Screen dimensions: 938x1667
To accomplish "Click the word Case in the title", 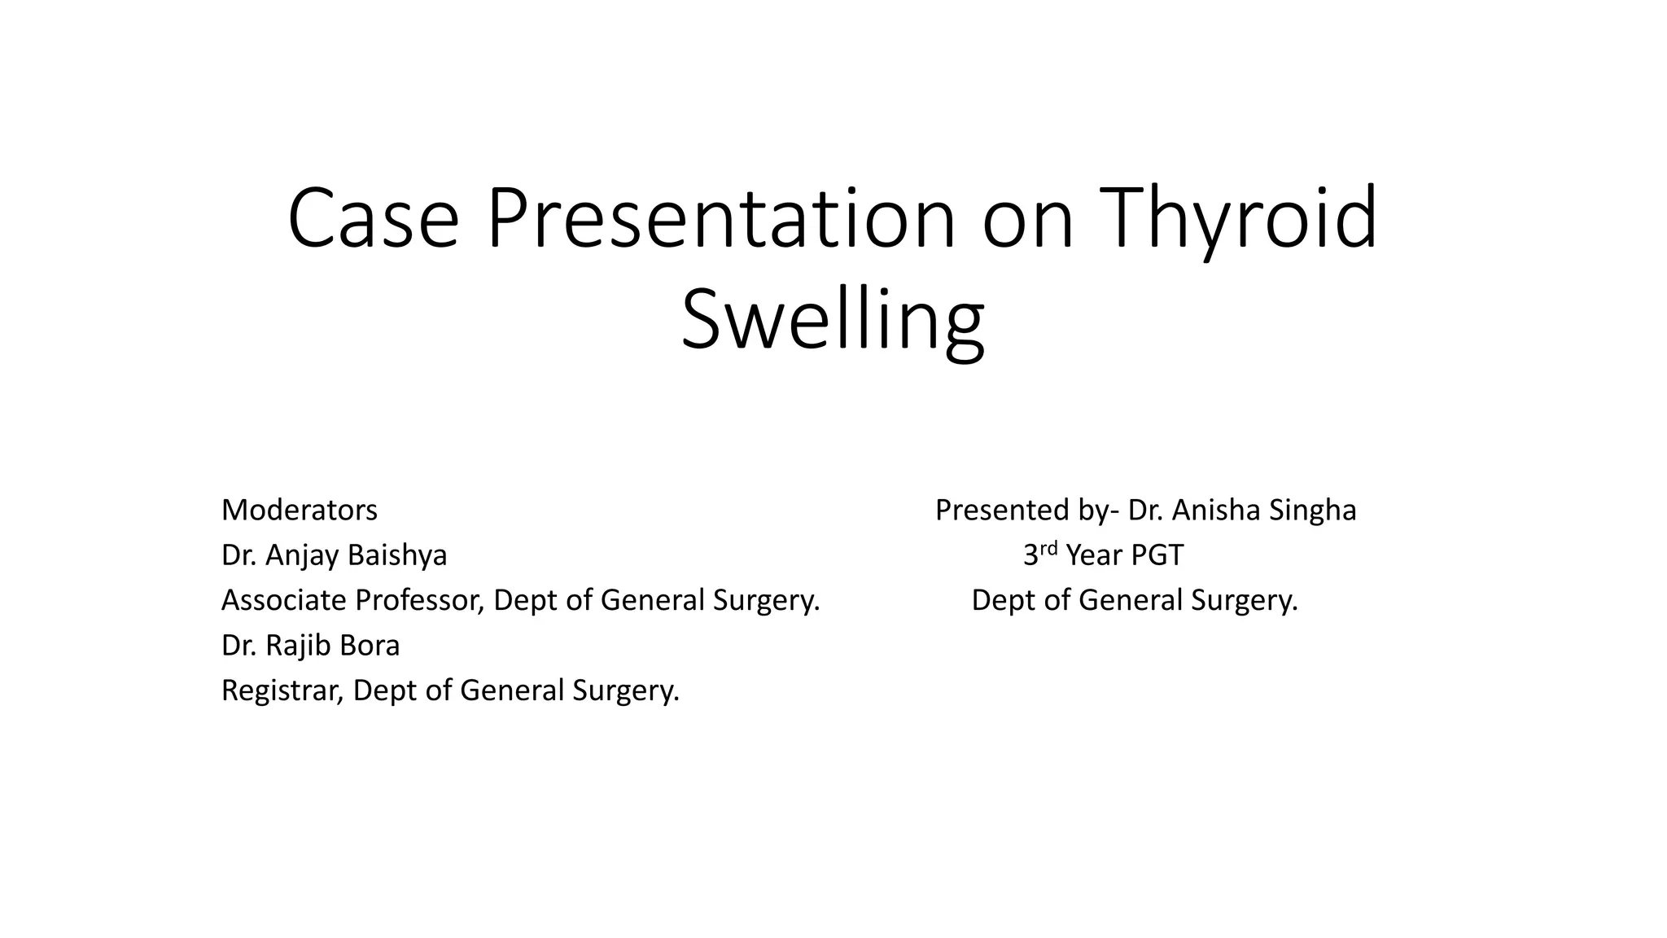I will tap(374, 219).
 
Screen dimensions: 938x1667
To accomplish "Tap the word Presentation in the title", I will tap(721, 219).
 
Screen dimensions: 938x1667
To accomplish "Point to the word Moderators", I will tap(300, 511).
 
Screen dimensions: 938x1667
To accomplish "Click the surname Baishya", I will tap(397, 555).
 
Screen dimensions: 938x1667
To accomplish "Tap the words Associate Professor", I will tap(353, 600).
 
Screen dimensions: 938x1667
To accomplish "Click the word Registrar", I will tap(282, 690).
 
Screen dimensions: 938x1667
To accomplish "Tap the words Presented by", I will tap(1022, 511).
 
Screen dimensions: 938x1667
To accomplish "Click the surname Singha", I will tap(1312, 511).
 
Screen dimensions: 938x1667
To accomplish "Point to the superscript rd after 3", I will tap(1049, 548).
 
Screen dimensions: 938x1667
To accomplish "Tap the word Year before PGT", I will tap(1094, 555).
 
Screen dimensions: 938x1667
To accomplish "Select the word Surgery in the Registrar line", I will tap(625, 690).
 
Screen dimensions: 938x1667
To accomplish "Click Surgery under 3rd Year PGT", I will tap(1244, 600).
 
